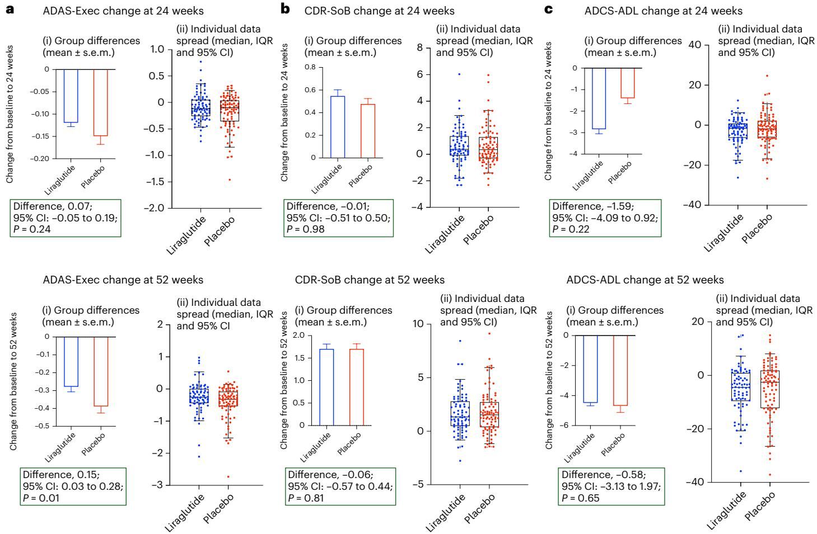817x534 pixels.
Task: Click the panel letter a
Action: (x=10, y=10)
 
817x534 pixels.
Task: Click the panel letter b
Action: (x=286, y=10)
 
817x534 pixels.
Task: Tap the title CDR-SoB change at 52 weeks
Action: (x=370, y=280)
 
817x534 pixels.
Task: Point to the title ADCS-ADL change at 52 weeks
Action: (x=645, y=280)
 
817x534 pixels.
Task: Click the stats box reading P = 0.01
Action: (x=72, y=486)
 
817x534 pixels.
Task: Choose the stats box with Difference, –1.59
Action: (x=605, y=218)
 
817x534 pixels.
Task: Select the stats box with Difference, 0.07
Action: (x=65, y=218)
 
